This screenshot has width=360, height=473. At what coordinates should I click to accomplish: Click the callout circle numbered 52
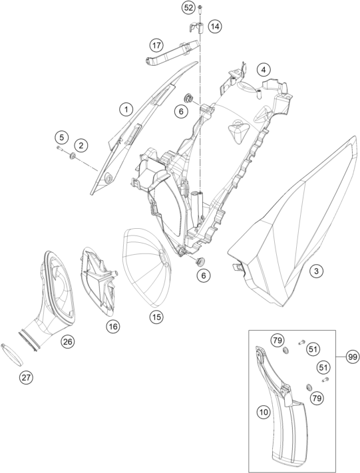(188, 7)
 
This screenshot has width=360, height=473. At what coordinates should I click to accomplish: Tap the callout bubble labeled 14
(215, 27)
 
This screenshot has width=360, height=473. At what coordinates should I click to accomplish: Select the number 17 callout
(156, 45)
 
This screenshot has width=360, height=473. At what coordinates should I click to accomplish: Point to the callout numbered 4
(264, 70)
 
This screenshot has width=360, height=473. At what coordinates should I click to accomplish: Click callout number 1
(126, 109)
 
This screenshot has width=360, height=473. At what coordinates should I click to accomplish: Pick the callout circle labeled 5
(62, 138)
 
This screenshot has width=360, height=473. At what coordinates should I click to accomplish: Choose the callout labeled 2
(81, 146)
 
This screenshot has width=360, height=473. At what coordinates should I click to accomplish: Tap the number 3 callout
(316, 271)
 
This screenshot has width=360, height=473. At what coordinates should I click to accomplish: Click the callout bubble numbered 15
(156, 317)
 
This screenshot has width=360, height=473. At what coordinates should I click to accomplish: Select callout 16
(113, 327)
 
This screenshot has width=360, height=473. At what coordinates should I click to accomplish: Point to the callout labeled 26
(68, 341)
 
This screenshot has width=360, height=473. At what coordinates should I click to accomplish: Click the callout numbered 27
(26, 377)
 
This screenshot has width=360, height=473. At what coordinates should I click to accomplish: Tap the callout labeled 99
(352, 357)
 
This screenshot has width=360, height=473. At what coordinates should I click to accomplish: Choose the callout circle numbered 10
(264, 412)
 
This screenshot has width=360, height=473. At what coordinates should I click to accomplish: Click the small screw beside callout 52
(200, 9)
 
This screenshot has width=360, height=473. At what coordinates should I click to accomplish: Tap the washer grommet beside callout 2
(73, 156)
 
